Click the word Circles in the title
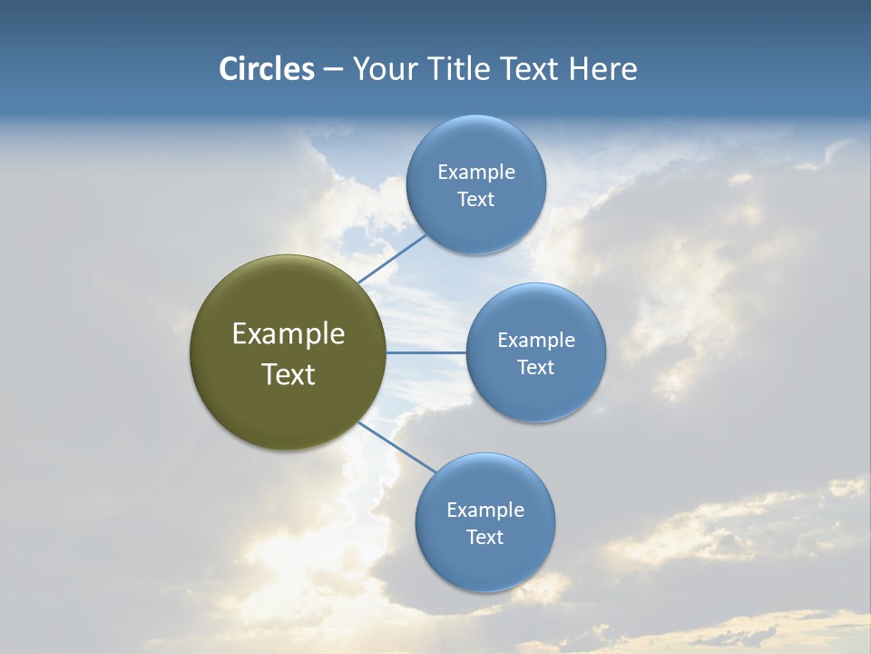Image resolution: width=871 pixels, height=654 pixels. [266, 69]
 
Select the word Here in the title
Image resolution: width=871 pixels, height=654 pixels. [602, 69]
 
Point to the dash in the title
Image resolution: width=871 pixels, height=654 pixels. [333, 70]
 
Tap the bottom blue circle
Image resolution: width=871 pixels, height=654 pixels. [485, 563]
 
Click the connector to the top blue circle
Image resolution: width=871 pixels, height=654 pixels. [392, 259]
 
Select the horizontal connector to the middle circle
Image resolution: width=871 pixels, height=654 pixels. [426, 352]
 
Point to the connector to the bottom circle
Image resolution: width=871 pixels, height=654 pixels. [396, 447]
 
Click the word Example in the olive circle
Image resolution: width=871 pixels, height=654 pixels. [289, 334]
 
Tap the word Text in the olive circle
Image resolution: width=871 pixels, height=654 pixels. [289, 374]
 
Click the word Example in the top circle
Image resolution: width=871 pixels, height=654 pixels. [476, 173]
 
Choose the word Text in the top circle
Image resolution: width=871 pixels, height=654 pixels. [476, 200]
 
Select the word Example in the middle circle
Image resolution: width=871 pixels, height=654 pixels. [536, 341]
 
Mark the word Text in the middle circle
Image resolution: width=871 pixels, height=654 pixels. [536, 368]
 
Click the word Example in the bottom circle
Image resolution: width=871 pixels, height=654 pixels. [485, 510]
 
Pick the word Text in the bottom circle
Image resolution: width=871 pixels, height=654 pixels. [485, 538]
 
